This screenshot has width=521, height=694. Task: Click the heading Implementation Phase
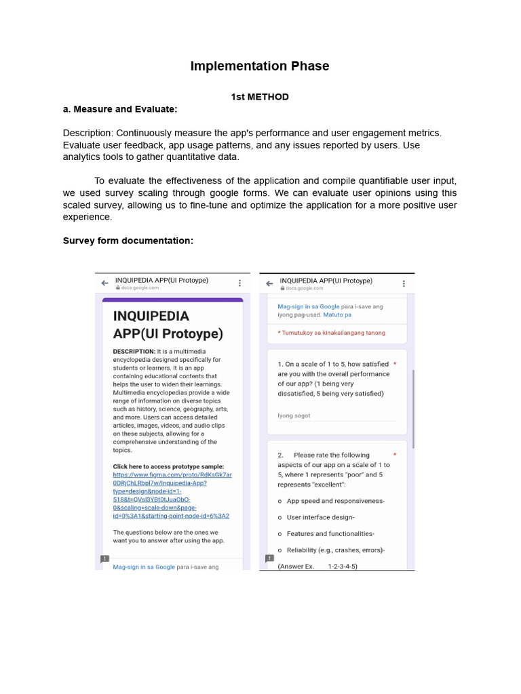(260, 66)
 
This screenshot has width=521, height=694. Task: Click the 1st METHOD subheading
(260, 97)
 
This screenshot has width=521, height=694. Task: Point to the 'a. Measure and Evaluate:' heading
(120, 109)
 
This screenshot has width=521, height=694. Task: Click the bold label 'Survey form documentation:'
(128, 241)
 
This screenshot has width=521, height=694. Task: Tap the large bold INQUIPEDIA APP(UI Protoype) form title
(168, 325)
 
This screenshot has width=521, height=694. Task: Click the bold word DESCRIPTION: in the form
(134, 352)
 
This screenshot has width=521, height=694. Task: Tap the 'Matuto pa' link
(337, 315)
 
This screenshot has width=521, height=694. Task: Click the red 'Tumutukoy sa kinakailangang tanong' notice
(333, 333)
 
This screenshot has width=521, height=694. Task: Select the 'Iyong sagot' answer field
(294, 415)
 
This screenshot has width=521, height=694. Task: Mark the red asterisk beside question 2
(395, 455)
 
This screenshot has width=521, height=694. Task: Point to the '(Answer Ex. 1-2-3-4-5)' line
(317, 566)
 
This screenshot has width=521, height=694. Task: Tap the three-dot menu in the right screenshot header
(404, 284)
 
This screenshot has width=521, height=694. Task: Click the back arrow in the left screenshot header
(104, 283)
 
